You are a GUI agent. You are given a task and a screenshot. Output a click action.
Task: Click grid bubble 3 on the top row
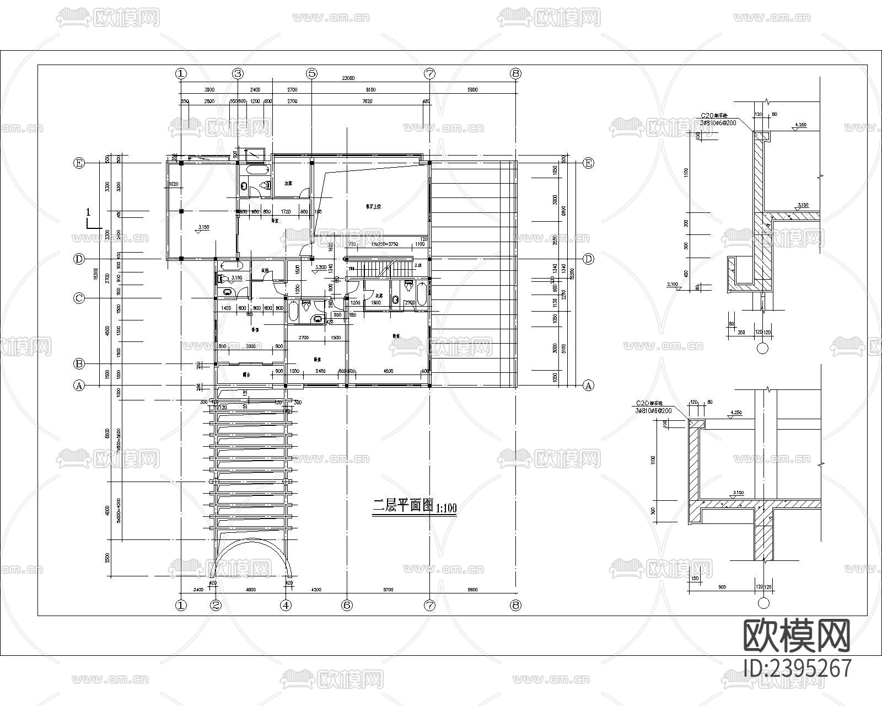pyautogui.click(x=238, y=73)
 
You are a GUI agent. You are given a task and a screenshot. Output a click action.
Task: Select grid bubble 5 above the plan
pyautogui.click(x=312, y=73)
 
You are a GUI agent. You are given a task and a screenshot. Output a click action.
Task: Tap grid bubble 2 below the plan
pyautogui.click(x=216, y=605)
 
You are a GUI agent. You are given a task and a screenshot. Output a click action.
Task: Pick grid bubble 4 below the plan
pyautogui.click(x=286, y=605)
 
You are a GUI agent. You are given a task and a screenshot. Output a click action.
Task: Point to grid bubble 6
pyautogui.click(x=347, y=605)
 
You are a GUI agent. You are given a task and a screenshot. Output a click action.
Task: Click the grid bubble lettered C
pyautogui.click(x=79, y=298)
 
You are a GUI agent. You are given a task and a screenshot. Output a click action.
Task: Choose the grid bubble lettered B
pyautogui.click(x=79, y=364)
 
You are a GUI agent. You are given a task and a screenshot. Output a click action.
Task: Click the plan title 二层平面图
pyautogui.click(x=404, y=506)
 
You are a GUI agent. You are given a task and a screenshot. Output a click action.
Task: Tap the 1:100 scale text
pyautogui.click(x=447, y=508)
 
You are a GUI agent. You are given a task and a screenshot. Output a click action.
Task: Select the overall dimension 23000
pyautogui.click(x=348, y=78)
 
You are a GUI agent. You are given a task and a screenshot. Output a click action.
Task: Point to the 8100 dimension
pyautogui.click(x=370, y=89)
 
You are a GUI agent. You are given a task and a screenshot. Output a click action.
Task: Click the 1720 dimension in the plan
pyautogui.click(x=286, y=212)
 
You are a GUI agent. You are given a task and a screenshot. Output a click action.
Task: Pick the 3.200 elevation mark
pyautogui.click(x=320, y=266)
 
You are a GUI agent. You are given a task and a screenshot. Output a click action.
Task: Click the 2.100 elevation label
pyautogui.click(x=673, y=284)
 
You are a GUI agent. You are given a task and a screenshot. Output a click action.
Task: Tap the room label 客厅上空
pyautogui.click(x=374, y=207)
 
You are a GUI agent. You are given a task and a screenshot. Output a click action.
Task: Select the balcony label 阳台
pyautogui.click(x=246, y=375)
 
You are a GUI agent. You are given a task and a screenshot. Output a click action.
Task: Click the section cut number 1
pyautogui.click(x=88, y=212)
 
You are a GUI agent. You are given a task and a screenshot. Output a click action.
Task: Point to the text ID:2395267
pyautogui.click(x=797, y=668)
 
